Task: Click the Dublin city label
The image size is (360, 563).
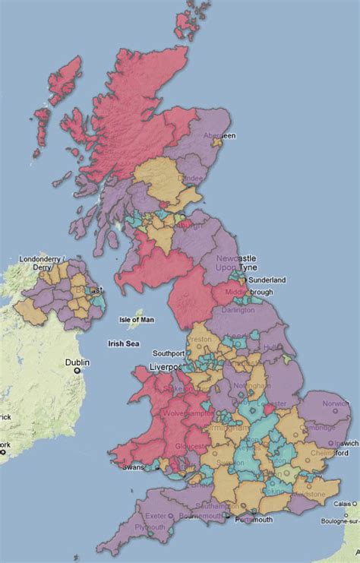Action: [x=77, y=362]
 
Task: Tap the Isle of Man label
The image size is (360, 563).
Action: [x=137, y=320]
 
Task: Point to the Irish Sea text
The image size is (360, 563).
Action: [x=125, y=343]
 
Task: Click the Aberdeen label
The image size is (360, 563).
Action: [x=219, y=135]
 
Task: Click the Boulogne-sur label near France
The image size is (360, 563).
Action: [x=338, y=519]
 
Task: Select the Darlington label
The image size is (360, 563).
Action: [x=238, y=310]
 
